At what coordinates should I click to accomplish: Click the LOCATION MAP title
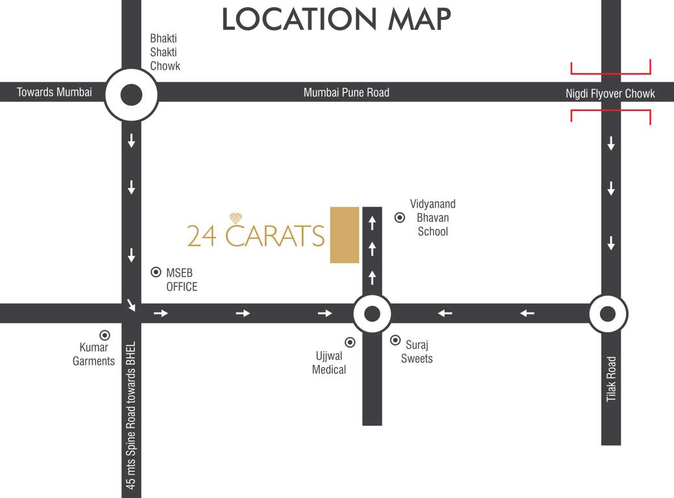pos(336,19)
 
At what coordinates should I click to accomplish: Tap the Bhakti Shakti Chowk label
pos(165,53)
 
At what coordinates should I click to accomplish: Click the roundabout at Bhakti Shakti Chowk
pos(131,95)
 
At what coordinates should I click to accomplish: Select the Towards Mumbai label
pos(54,92)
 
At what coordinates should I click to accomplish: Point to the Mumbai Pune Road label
pos(346,93)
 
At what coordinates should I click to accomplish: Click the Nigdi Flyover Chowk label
pos(610,93)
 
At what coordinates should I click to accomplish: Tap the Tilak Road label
pos(611,379)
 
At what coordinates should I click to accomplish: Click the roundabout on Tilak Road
pos(608,314)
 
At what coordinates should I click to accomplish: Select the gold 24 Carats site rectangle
pos(344,235)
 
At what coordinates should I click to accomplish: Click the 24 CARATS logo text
pos(256,235)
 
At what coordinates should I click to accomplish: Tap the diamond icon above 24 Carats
pos(235,218)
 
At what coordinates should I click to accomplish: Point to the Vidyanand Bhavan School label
pos(433,218)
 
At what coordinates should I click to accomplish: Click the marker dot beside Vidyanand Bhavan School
pos(400,218)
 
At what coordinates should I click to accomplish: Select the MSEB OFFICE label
pos(182,280)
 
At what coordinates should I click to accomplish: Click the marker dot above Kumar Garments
pos(104,335)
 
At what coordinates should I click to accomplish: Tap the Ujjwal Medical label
pos(330,363)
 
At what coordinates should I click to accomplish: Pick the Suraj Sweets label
pos(416,352)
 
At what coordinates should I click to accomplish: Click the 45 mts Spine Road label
pos(131,415)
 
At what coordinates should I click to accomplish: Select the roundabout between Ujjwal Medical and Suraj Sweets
pos(372,314)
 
